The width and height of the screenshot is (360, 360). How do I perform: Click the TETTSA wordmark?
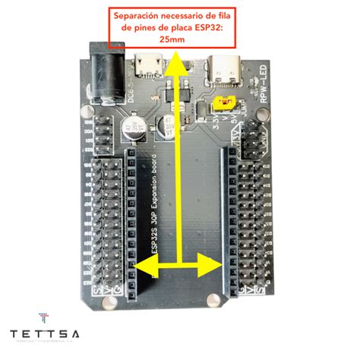49,335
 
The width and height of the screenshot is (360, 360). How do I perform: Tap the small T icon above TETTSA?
44,317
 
